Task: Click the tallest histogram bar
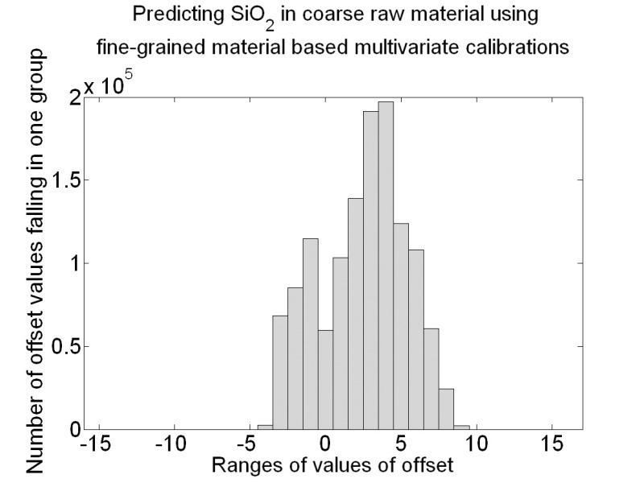(x=386, y=266)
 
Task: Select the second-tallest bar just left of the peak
(x=370, y=270)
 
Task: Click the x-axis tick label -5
(x=250, y=444)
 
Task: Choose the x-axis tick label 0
(x=325, y=444)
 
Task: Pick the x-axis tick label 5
(x=401, y=444)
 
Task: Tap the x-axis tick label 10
(x=477, y=444)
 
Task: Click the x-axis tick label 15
(x=552, y=444)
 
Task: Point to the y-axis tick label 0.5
(x=62, y=347)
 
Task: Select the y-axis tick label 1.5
(x=62, y=180)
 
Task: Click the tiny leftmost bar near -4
(x=265, y=427)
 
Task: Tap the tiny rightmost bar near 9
(x=461, y=427)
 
